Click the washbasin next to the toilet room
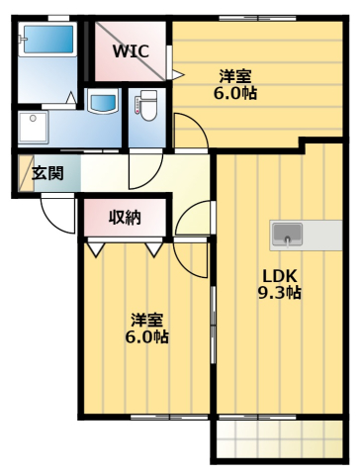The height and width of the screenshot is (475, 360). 103,102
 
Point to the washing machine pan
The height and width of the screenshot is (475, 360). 35,127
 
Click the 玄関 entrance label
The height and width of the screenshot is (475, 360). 47,173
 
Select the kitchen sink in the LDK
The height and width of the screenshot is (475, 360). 288,235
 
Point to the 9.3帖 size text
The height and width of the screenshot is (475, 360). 281,293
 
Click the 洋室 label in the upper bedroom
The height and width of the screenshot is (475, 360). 235,74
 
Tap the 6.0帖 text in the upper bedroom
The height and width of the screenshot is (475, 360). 235,92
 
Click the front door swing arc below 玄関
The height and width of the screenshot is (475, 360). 56,216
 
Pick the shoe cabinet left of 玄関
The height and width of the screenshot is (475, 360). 22,173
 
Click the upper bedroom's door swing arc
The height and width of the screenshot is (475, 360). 188,131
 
